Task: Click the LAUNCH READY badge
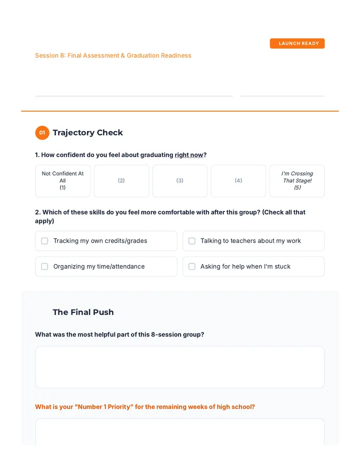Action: click(x=297, y=43)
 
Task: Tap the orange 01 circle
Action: click(x=42, y=132)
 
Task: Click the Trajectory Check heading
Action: click(x=87, y=132)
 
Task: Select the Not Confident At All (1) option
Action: click(x=62, y=180)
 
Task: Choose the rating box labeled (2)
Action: click(x=121, y=180)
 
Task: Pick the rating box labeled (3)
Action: click(x=180, y=180)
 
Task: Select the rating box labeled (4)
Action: click(x=238, y=180)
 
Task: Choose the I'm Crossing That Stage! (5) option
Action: click(x=297, y=180)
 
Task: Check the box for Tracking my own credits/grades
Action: click(x=44, y=240)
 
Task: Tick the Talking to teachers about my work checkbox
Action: click(x=192, y=240)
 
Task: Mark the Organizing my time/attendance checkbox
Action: click(x=44, y=266)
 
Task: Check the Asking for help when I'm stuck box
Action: click(x=192, y=266)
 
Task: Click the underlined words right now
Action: click(x=189, y=155)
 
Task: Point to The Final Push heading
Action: click(x=83, y=312)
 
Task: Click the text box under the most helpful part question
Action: click(x=180, y=367)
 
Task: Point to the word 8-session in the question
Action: click(x=166, y=334)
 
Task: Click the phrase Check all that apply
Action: click(x=170, y=216)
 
